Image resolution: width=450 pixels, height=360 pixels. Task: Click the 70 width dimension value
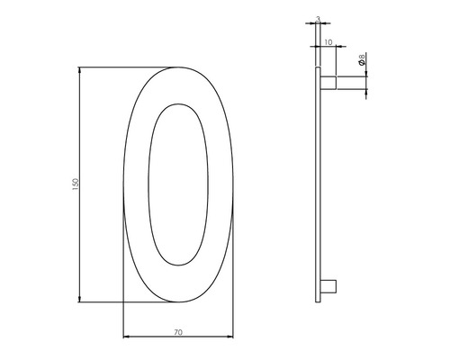[178, 332]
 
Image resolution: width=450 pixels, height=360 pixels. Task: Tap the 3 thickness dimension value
[318, 17]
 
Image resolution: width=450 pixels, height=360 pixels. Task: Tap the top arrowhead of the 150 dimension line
[81, 69]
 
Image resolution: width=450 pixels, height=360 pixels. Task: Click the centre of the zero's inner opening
[178, 184]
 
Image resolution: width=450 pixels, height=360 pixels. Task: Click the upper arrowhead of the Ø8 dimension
[366, 75]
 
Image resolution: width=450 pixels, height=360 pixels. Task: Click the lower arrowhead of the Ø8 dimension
[366, 92]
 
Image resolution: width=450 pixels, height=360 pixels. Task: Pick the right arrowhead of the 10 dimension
[337, 47]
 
